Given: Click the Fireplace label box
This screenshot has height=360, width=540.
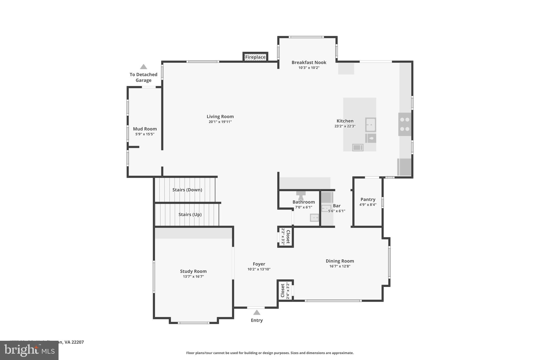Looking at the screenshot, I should [255, 57].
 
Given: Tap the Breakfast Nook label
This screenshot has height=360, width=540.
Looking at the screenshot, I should [309, 63].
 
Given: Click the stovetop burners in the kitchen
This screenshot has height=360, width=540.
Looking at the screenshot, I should [404, 124].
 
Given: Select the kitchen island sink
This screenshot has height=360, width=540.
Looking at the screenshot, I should [370, 124].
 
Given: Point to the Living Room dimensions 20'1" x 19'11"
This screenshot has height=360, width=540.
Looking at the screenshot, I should [220, 122].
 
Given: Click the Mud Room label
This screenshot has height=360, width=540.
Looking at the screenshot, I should [145, 129].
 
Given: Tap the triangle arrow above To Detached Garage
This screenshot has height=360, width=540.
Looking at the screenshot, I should [143, 67].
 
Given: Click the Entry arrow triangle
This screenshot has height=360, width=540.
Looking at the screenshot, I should [257, 313].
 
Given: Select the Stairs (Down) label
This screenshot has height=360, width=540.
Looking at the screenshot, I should [187, 190].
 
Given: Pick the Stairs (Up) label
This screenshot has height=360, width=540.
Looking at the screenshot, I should [190, 214].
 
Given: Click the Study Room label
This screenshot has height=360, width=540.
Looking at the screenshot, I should [193, 271].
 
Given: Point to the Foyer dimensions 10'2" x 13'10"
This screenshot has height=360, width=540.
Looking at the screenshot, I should [259, 269].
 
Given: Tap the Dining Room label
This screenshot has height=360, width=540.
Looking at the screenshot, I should [340, 261].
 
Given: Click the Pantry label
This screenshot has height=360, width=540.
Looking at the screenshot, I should [368, 199].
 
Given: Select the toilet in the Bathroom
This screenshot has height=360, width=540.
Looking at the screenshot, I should [301, 195].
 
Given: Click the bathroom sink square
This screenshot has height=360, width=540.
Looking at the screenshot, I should [314, 218].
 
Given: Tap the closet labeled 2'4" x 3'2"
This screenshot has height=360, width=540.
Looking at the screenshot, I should [285, 290].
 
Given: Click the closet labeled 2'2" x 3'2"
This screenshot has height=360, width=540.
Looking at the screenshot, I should [286, 237].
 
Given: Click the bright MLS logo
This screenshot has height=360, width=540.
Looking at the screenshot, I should [29, 351].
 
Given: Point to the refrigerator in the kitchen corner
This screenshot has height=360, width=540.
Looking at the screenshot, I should [404, 167].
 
